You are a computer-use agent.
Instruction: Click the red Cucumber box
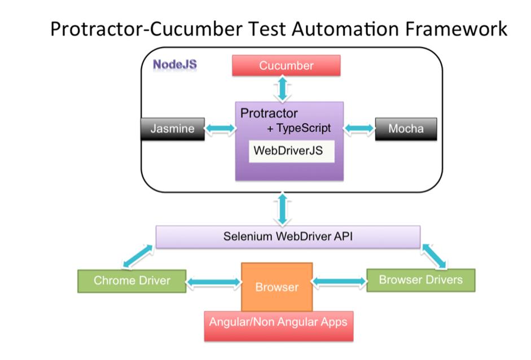[286, 65]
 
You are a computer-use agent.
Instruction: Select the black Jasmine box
[172, 129]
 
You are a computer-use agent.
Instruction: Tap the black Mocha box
[406, 129]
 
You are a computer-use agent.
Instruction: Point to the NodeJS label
[175, 64]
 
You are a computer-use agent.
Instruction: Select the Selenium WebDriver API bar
[287, 236]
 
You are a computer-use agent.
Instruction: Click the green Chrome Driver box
[132, 280]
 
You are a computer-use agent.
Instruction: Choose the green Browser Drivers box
[420, 279]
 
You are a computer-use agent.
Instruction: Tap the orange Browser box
[277, 287]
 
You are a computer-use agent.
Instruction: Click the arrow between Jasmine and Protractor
[219, 129]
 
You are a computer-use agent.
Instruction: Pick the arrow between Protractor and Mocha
[359, 129]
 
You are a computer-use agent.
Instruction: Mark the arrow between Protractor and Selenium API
[282, 209]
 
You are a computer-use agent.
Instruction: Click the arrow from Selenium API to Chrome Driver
[135, 257]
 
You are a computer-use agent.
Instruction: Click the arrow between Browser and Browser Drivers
[340, 280]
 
